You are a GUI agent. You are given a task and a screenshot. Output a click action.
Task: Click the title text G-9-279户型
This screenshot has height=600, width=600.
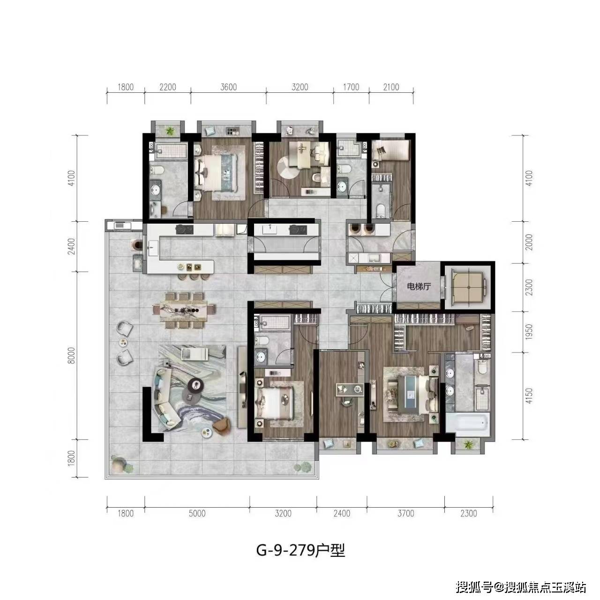click(300, 550)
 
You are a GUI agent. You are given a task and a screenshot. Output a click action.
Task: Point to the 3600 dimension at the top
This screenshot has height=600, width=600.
click(228, 87)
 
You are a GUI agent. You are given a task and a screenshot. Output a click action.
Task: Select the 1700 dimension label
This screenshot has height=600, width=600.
click(351, 87)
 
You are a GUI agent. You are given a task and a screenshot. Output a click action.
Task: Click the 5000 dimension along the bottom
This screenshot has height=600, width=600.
click(197, 514)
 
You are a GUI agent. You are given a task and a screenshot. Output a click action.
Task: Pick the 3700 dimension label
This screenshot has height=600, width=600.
click(405, 514)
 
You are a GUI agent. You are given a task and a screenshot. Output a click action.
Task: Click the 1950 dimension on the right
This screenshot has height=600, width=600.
click(529, 331)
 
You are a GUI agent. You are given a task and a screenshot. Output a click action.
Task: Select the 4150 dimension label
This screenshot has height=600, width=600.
click(529, 396)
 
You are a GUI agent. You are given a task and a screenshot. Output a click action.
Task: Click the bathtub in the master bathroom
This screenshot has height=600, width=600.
click(467, 422)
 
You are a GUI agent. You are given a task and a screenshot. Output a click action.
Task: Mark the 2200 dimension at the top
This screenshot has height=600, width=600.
click(167, 87)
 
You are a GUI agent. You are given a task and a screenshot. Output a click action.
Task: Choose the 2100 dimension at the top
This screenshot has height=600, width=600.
click(391, 87)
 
